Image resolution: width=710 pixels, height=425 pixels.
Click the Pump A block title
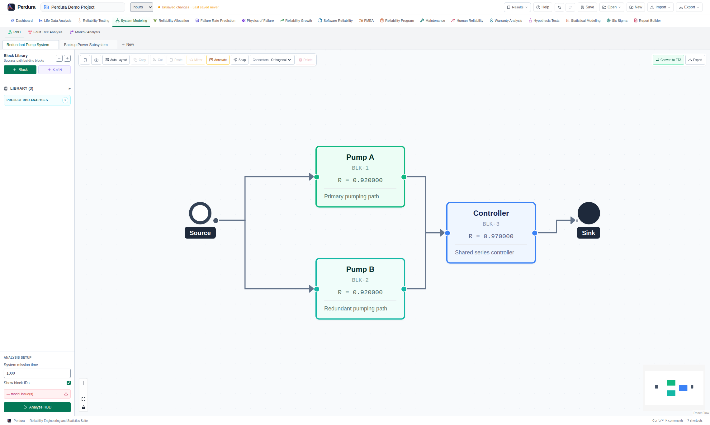point(360,157)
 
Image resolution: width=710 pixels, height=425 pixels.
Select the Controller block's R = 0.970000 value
point(491,236)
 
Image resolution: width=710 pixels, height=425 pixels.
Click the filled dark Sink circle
point(589,213)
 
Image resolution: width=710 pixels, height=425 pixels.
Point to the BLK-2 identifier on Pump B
point(360,280)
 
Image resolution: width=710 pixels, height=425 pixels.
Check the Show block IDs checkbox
point(69,383)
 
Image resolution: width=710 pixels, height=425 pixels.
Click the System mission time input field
point(37,373)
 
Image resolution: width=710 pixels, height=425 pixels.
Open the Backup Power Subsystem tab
point(86,45)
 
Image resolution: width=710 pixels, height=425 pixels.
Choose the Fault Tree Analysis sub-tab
point(45,32)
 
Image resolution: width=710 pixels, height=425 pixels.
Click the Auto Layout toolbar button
point(116,60)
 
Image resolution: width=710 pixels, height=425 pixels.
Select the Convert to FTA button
point(668,60)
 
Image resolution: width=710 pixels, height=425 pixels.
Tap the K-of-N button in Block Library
point(54,70)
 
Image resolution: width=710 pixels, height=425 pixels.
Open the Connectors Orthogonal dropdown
point(272,60)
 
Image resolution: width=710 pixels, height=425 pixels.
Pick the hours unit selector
point(142,7)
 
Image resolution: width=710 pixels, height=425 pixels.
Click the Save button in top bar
point(587,7)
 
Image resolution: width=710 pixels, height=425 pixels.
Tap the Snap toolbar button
point(239,60)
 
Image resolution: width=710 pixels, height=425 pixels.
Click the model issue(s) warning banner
point(37,394)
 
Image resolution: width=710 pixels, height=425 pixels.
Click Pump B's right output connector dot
point(404,289)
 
